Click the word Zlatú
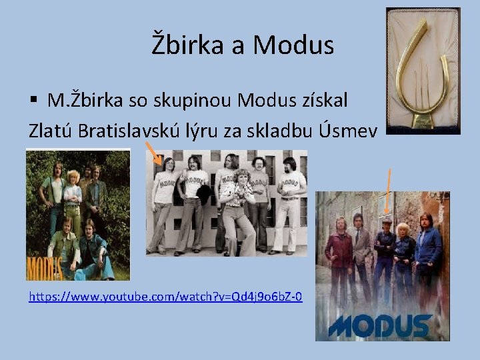(51, 129)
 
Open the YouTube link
(165, 295)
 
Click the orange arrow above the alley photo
(389, 189)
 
